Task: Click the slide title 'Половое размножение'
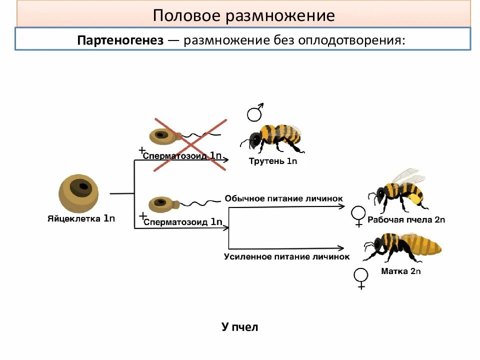(x=243, y=15)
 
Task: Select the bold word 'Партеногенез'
(x=120, y=40)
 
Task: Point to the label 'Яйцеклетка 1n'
(x=81, y=218)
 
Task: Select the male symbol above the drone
(x=255, y=113)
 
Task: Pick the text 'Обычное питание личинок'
(x=284, y=198)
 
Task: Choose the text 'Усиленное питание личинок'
(x=286, y=256)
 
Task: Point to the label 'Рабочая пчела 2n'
(x=406, y=219)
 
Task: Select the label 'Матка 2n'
(x=401, y=271)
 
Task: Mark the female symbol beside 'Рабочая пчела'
(x=358, y=216)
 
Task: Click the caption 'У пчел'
(x=239, y=327)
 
